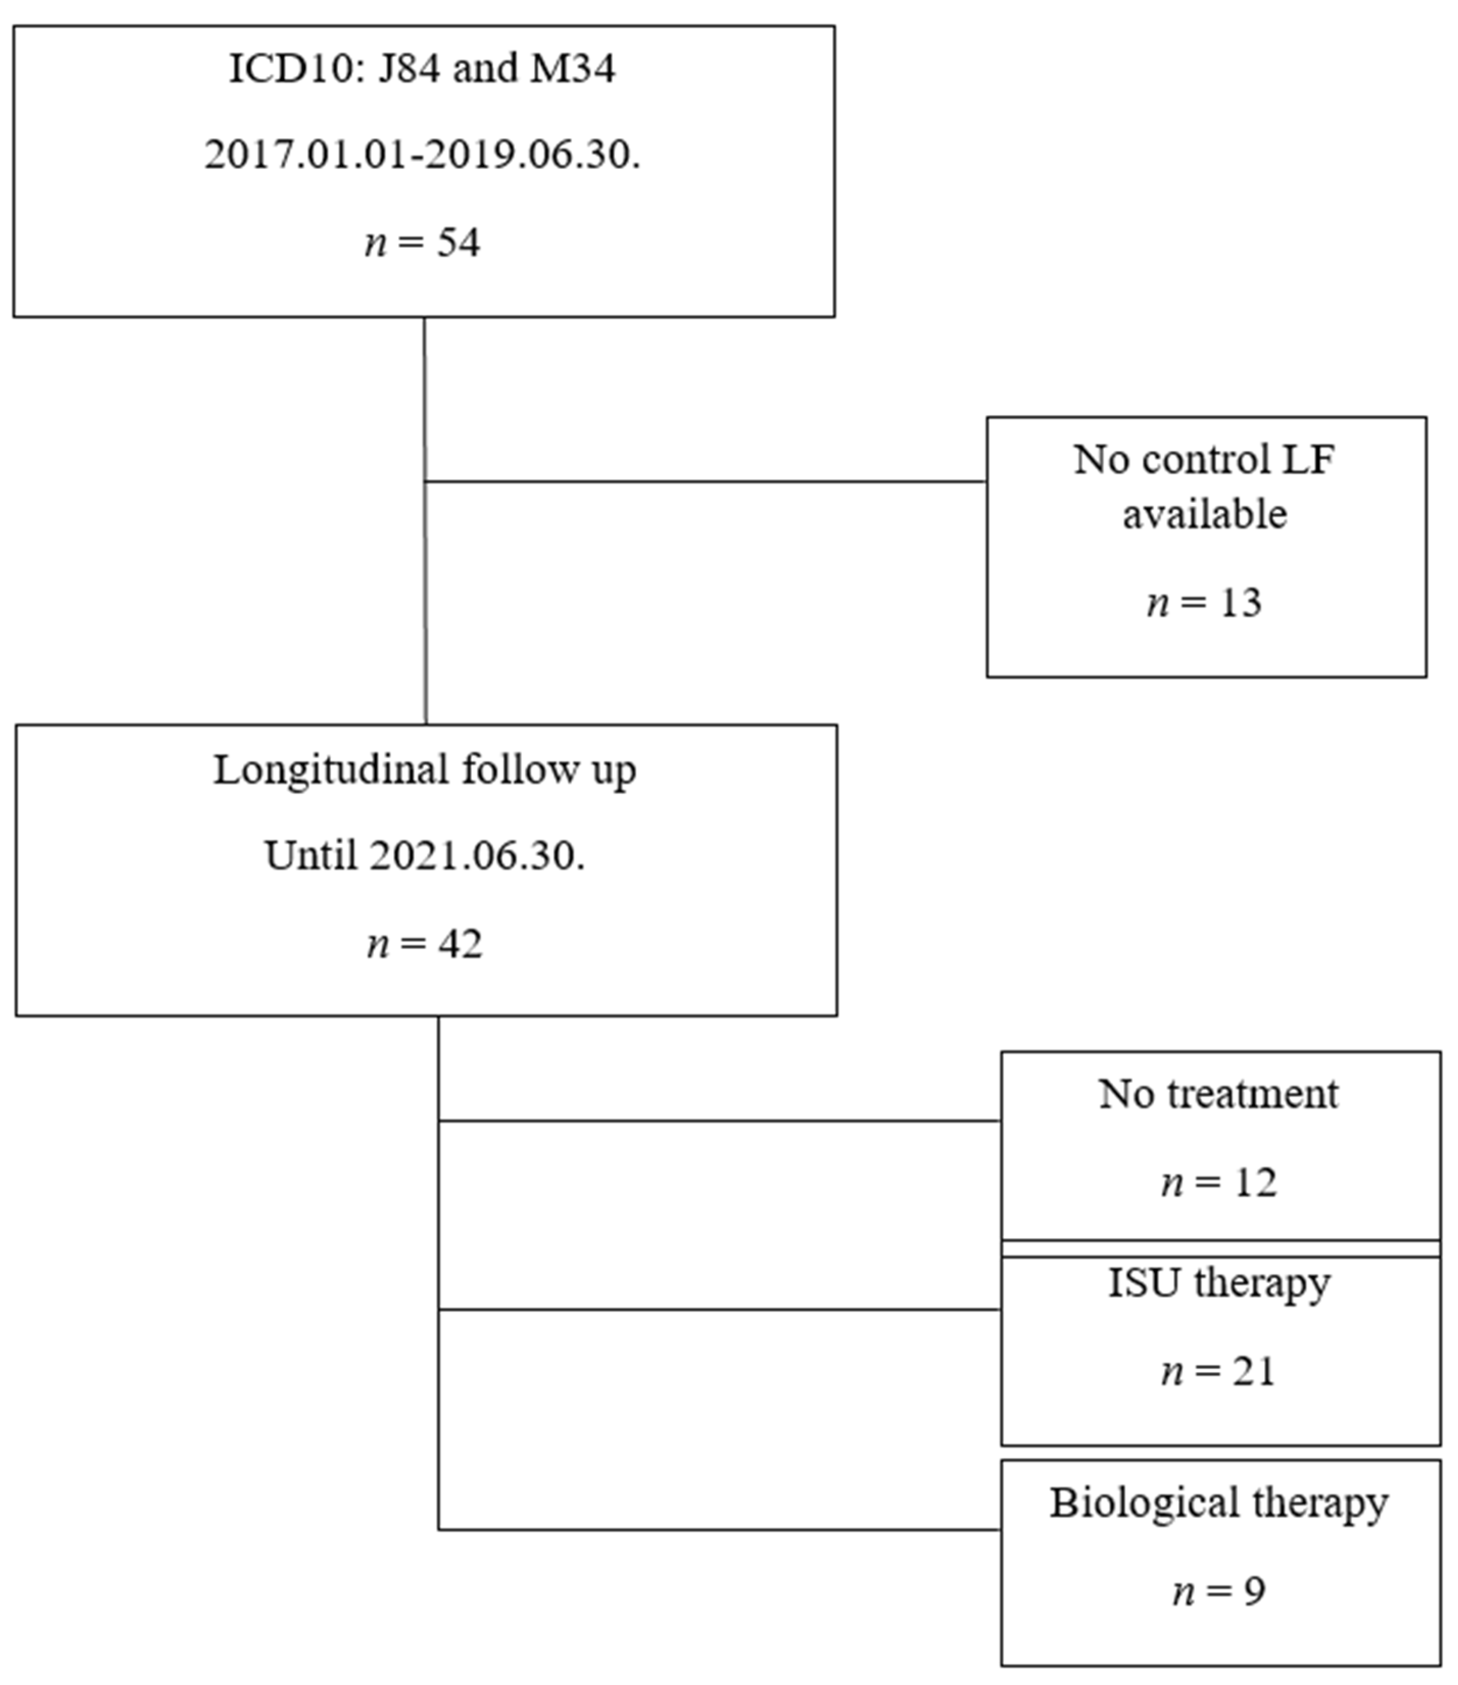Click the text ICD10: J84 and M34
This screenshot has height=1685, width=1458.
click(422, 68)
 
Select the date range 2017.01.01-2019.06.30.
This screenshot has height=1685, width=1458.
click(422, 155)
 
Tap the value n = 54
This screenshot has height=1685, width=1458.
click(422, 243)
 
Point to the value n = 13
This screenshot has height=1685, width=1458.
click(1204, 603)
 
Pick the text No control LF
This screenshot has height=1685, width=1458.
click(1204, 460)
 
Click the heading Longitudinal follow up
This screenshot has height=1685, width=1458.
click(425, 769)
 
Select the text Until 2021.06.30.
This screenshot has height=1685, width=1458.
click(425, 856)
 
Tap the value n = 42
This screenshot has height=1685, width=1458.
click(425, 944)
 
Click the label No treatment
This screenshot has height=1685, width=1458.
click(1218, 1094)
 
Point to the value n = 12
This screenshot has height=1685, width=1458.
click(1218, 1182)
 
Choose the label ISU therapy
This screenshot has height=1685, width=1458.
click(1218, 1283)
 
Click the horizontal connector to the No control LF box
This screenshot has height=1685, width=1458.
click(704, 482)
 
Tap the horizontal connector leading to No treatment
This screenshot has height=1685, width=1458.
click(719, 1121)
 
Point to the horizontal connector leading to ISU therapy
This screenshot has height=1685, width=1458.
click(719, 1310)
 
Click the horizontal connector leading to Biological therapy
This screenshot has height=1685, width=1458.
click(719, 1530)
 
